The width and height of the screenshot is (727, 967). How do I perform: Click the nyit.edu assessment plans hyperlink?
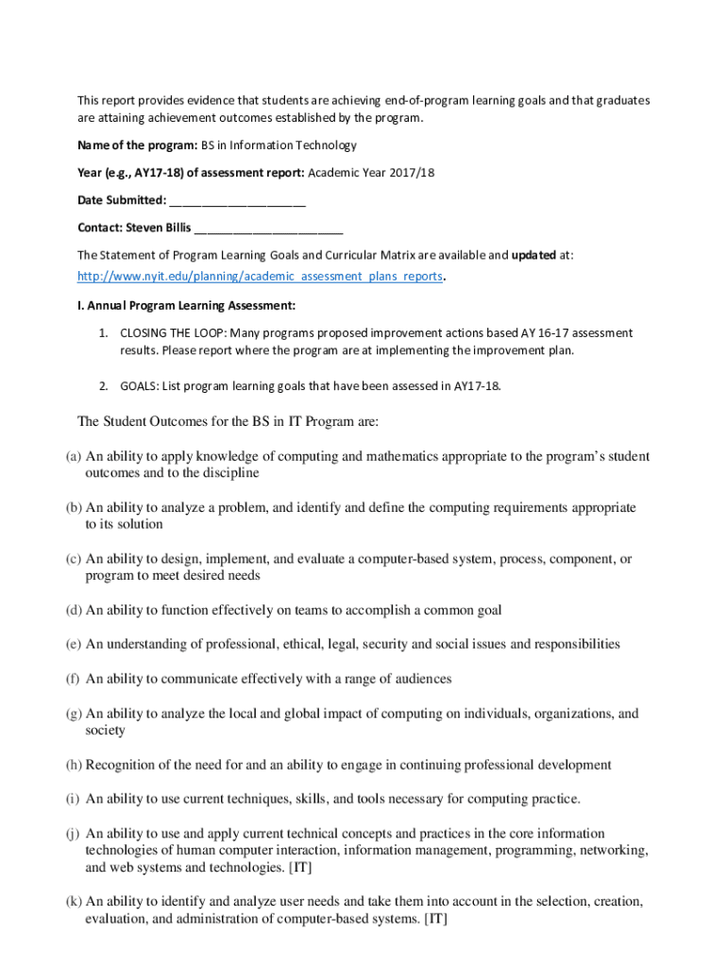coord(260,277)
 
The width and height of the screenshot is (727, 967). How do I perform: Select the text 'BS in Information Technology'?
coord(279,145)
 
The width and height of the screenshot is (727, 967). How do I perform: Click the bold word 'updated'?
coord(536,255)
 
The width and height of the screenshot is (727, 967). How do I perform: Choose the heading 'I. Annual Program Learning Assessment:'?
coord(187,305)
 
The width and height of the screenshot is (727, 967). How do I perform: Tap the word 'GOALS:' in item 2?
coord(139,385)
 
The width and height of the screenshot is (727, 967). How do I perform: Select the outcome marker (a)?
coord(73,456)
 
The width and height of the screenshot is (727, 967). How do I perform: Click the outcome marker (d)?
coord(73,610)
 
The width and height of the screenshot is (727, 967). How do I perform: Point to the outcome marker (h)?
coord(73,765)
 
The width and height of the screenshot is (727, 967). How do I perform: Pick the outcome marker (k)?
coord(73,902)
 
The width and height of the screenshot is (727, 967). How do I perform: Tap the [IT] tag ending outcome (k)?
coord(435,918)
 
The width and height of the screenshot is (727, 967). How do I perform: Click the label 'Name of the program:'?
coord(137,145)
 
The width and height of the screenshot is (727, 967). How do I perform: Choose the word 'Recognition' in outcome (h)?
coord(120,765)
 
